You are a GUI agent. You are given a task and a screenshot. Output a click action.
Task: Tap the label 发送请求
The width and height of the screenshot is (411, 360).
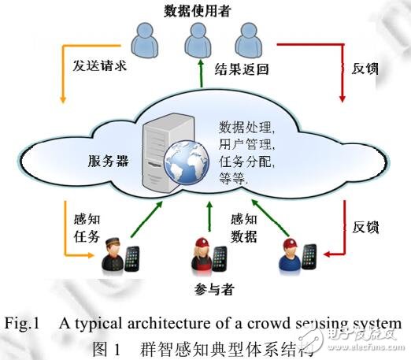(98, 67)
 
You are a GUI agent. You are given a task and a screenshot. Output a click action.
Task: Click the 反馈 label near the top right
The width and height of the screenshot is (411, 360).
(365, 68)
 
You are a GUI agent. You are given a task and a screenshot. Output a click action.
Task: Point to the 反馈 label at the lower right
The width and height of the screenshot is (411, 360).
(365, 227)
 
